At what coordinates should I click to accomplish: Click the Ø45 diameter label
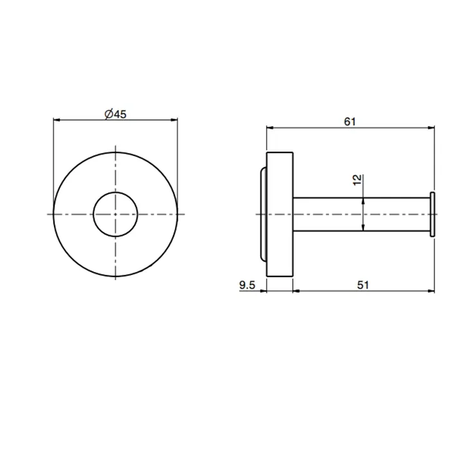pyautogui.click(x=115, y=114)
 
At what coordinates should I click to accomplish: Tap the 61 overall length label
pyautogui.click(x=350, y=122)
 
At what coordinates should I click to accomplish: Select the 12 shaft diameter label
pyautogui.click(x=357, y=180)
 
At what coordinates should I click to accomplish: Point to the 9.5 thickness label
pyautogui.click(x=247, y=285)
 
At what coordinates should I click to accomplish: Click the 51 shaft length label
pyautogui.click(x=363, y=285)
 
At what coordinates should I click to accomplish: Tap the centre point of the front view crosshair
pyautogui.click(x=115, y=214)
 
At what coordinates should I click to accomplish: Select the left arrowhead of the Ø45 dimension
pyautogui.click(x=57, y=120)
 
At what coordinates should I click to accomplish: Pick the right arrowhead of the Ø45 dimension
pyautogui.click(x=174, y=120)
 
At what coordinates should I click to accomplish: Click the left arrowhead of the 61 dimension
pyautogui.click(x=271, y=128)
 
